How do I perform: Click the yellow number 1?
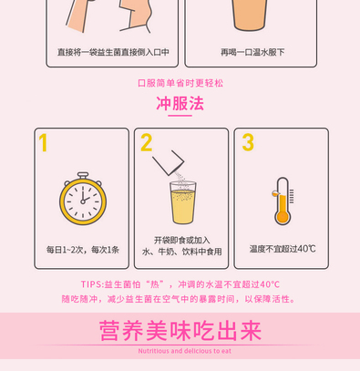pyautogui.click(x=43, y=142)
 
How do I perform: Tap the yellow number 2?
pyautogui.click(x=146, y=142)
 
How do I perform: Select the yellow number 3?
pyautogui.click(x=248, y=142)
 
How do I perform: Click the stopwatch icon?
pyautogui.click(x=83, y=198)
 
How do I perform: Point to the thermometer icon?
pyautogui.click(x=283, y=201)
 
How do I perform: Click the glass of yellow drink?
pyautogui.click(x=183, y=202)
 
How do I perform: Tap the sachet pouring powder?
pyautogui.click(x=169, y=162)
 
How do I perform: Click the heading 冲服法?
pyautogui.click(x=180, y=104)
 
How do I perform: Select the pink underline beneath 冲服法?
pyautogui.click(x=180, y=116)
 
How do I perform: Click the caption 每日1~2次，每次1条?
pyautogui.click(x=83, y=250)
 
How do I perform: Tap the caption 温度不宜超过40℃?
pyautogui.click(x=283, y=249)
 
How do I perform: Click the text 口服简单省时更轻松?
pyautogui.click(x=180, y=83)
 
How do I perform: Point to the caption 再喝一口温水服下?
pyautogui.click(x=252, y=52)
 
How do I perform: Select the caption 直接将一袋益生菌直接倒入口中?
pyautogui.click(x=113, y=52)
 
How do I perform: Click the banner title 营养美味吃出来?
pyautogui.click(x=180, y=331)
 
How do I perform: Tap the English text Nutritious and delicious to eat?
pyautogui.click(x=185, y=351)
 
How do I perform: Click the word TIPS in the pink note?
pyautogui.click(x=91, y=284)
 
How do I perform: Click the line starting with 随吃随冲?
pyautogui.click(x=179, y=299)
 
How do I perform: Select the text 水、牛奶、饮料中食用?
pyautogui.click(x=181, y=252)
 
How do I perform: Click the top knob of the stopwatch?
pyautogui.click(x=83, y=175)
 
